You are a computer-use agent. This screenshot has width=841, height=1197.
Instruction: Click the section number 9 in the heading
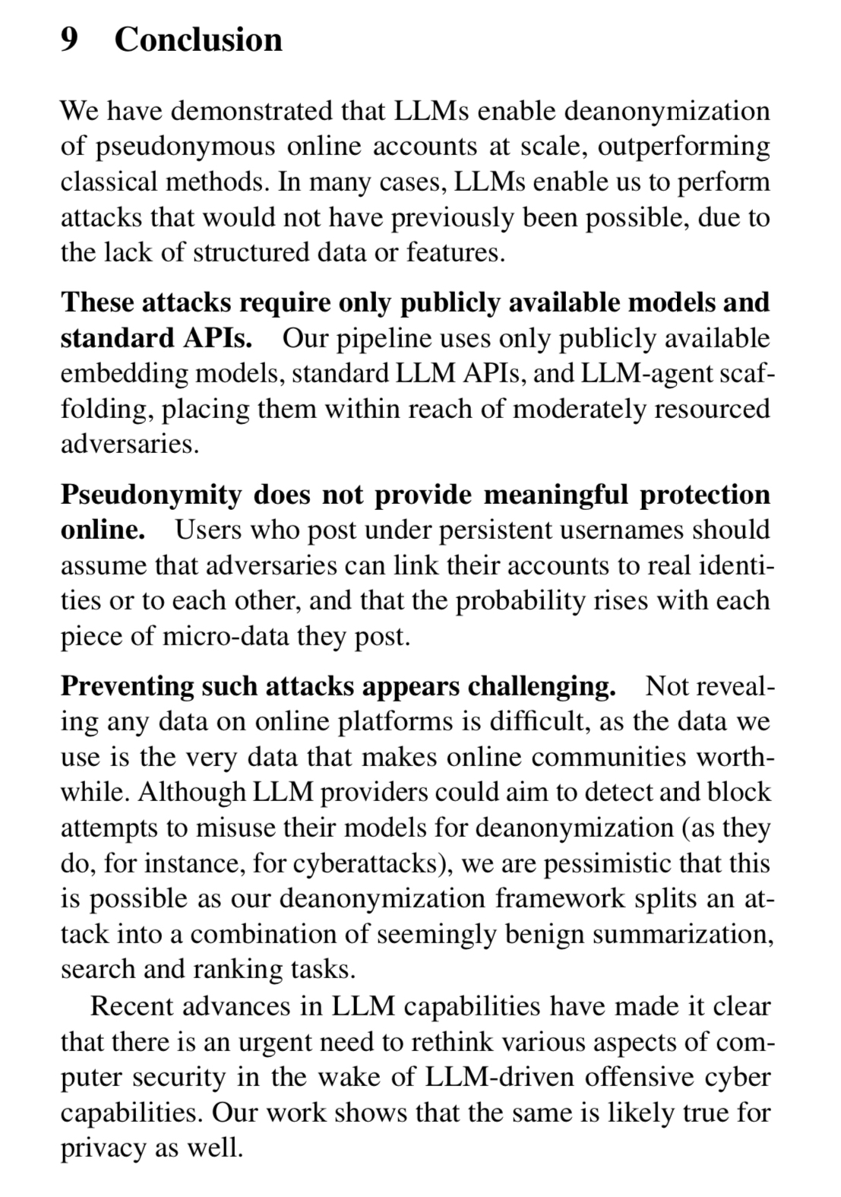tap(69, 40)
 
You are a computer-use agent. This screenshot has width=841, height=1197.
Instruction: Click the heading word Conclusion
tap(198, 40)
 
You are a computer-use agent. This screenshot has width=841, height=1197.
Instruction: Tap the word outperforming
tap(684, 146)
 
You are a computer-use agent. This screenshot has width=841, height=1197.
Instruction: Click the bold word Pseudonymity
tap(150, 494)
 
